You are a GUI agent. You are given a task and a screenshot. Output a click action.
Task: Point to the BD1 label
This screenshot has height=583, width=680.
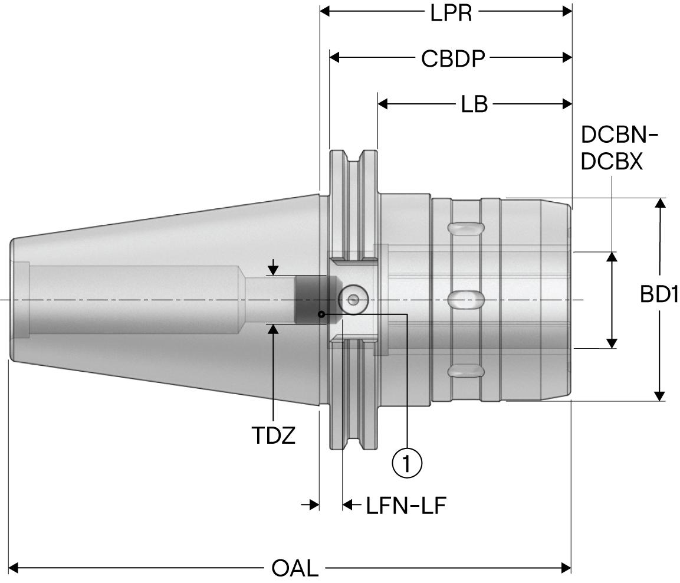659,294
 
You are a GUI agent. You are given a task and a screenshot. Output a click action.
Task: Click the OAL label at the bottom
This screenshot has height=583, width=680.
295,569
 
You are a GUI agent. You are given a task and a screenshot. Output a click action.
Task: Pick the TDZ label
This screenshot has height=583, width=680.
274,436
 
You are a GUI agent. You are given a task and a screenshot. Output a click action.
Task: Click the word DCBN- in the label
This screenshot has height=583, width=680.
619,136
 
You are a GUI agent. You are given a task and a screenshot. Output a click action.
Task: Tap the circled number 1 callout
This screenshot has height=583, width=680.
408,464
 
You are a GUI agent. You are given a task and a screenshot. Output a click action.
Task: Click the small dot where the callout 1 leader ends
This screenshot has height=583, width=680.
320,314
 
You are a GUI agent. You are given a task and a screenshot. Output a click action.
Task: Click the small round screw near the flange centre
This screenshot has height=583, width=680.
353,299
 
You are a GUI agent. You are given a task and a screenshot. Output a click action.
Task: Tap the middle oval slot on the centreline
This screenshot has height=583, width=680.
466,299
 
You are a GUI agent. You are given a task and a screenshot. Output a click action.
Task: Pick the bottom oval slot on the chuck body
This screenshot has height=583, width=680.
466,370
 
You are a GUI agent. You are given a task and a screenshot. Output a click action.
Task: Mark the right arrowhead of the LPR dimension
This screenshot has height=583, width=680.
567,11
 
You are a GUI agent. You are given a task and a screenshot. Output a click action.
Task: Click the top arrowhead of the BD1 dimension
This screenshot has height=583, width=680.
661,203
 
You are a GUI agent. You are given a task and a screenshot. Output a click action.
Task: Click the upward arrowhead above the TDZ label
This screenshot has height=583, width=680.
274,328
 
